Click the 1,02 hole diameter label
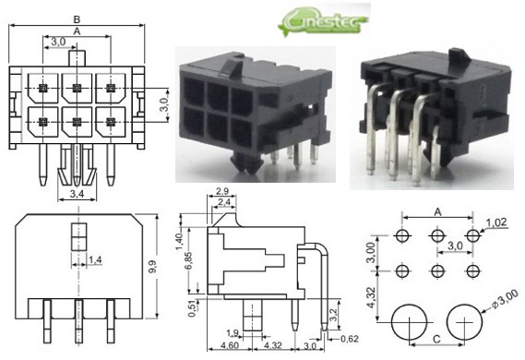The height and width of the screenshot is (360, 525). click(497, 222)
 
